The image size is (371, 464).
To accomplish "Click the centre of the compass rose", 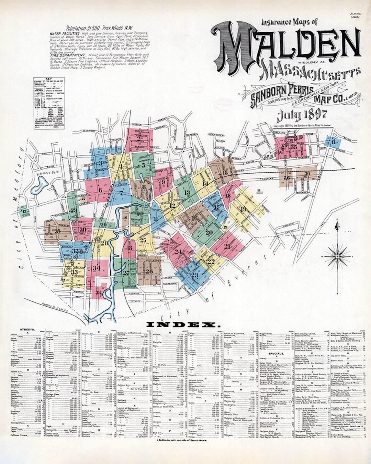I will click(x=337, y=256).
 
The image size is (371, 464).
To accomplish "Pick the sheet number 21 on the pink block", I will click(x=227, y=246).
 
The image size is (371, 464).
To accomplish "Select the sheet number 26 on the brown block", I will click(x=149, y=271).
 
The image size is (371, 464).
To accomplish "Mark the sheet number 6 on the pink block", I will click(x=100, y=190).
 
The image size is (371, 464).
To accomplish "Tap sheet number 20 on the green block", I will click(x=209, y=232).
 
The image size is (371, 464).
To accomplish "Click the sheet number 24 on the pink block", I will click(x=178, y=252).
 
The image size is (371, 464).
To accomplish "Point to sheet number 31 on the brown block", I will click(x=57, y=231).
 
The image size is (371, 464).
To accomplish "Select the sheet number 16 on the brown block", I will click(x=194, y=218).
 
